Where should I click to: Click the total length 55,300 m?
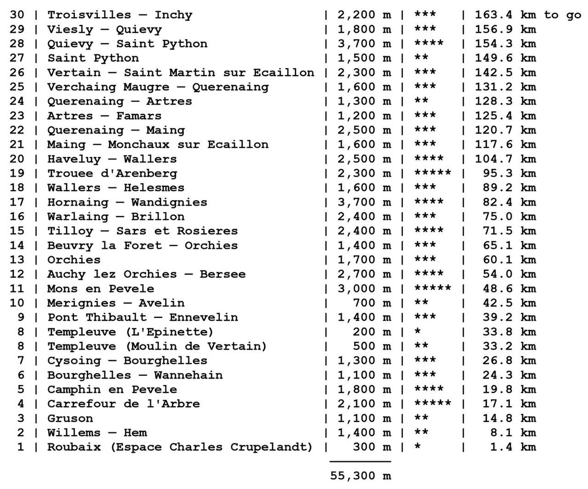tap(360, 475)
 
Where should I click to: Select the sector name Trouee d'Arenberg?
tap(112, 174)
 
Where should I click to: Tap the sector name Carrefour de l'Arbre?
tap(123, 404)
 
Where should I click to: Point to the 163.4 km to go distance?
tap(528, 15)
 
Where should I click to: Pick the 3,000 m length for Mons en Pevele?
tap(364, 289)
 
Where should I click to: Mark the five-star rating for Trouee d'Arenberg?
tap(433, 174)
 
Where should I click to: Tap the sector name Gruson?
tap(70, 418)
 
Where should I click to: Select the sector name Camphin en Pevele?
tap(112, 390)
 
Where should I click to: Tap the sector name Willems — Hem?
tap(97, 433)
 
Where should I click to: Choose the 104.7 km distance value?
tap(506, 159)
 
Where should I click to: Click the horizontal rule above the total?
tap(360, 462)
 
